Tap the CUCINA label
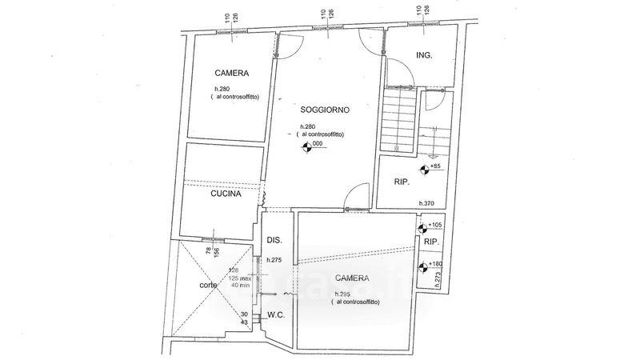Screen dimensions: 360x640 (x=226, y=194)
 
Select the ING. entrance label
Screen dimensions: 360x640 (x=424, y=55)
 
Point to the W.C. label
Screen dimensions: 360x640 (x=277, y=314)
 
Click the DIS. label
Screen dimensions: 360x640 (x=274, y=240)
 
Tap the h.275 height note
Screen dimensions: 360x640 (x=275, y=260)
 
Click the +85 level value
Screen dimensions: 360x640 (x=436, y=166)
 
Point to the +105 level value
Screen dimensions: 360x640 (x=435, y=226)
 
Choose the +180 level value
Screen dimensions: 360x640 (x=435, y=264)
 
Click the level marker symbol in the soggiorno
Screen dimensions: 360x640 (x=306, y=148)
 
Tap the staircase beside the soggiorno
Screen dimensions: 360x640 (x=398, y=119)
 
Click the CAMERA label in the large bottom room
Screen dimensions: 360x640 (x=352, y=278)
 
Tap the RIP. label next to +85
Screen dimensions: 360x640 (x=402, y=182)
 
